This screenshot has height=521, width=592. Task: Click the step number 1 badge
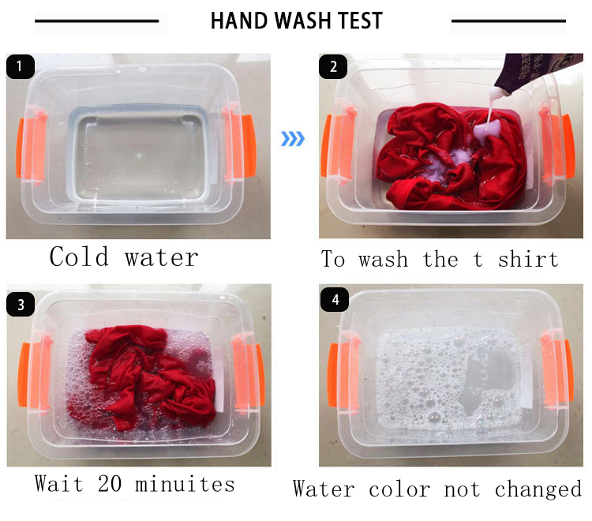point(21,67)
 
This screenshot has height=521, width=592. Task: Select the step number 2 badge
point(333,67)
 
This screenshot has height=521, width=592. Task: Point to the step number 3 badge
point(21,304)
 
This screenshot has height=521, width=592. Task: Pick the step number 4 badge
point(335,300)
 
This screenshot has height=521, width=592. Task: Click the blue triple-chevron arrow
point(293,139)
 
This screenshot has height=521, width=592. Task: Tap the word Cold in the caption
point(79,257)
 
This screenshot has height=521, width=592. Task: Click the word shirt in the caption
point(528,259)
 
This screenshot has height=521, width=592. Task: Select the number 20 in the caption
point(110,484)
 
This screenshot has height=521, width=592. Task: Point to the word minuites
point(185,484)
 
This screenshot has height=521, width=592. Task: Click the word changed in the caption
point(538,489)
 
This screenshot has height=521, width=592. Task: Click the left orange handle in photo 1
point(20,148)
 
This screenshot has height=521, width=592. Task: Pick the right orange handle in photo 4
point(569,370)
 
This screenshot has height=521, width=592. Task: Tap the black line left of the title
point(96,21)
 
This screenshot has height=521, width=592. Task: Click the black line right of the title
point(508,21)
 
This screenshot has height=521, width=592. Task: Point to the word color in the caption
point(399,489)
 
